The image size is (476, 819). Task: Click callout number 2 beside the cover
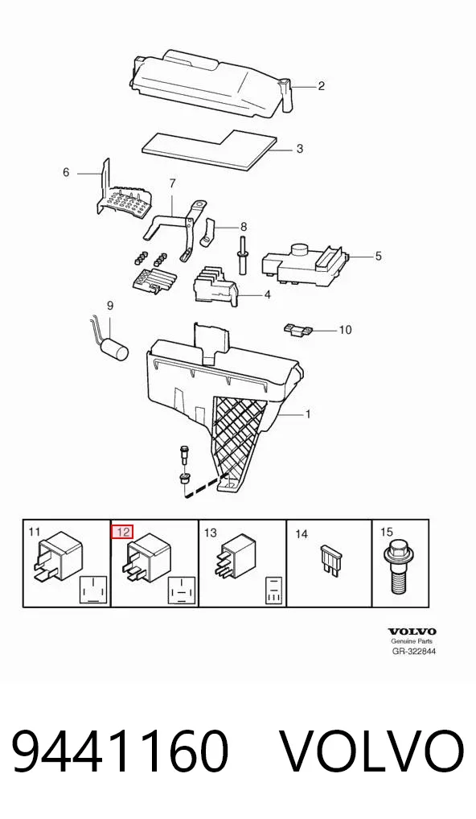click(x=322, y=86)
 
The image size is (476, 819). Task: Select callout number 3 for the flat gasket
click(x=300, y=149)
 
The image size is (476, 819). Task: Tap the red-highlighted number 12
click(x=124, y=533)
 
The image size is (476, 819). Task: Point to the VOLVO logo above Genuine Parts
click(x=412, y=632)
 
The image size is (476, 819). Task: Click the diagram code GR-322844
click(x=414, y=652)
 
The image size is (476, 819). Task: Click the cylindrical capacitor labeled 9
click(x=111, y=344)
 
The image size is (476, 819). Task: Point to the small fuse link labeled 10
click(x=298, y=329)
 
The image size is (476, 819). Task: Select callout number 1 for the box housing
click(x=308, y=414)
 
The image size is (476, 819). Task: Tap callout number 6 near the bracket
click(x=66, y=172)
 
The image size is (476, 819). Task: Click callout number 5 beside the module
click(x=379, y=256)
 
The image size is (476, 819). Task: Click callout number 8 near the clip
click(x=243, y=227)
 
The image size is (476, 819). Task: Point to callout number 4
click(x=267, y=295)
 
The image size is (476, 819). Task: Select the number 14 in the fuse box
click(x=302, y=534)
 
